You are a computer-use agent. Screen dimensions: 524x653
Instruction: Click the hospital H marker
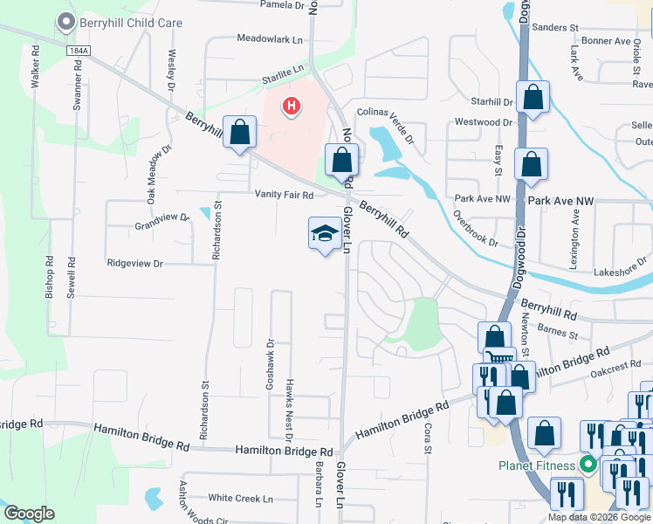(292, 107)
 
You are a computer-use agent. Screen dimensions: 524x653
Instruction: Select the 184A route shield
(77, 52)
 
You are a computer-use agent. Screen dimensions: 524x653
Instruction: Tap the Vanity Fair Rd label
(284, 194)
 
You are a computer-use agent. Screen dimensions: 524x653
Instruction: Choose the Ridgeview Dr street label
(134, 263)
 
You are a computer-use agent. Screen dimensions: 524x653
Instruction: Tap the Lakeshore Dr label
(618, 272)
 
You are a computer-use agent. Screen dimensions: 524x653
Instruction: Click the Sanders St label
(555, 28)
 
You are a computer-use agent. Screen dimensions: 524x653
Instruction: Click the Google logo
(29, 514)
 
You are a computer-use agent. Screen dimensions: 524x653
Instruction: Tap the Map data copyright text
(600, 517)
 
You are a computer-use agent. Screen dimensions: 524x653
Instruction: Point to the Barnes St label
(559, 332)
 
